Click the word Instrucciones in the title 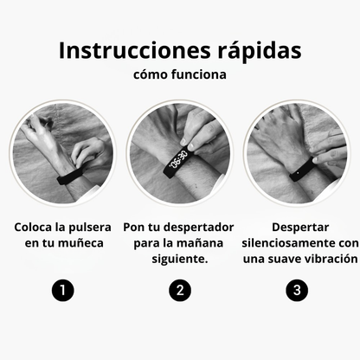[x=129, y=50]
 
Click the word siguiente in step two [x=179, y=259]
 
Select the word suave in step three [x=282, y=259]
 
